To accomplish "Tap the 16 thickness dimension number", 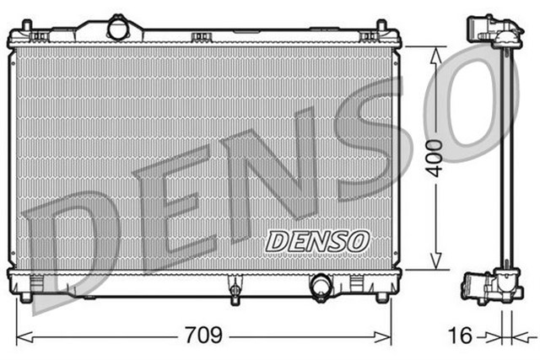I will point(460,336).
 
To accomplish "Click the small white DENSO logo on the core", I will point(318,240).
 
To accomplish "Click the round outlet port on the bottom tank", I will point(321,287).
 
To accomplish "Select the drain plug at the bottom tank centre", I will point(235,294).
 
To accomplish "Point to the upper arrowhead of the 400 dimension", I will point(435,53).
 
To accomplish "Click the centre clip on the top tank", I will point(200,36).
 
